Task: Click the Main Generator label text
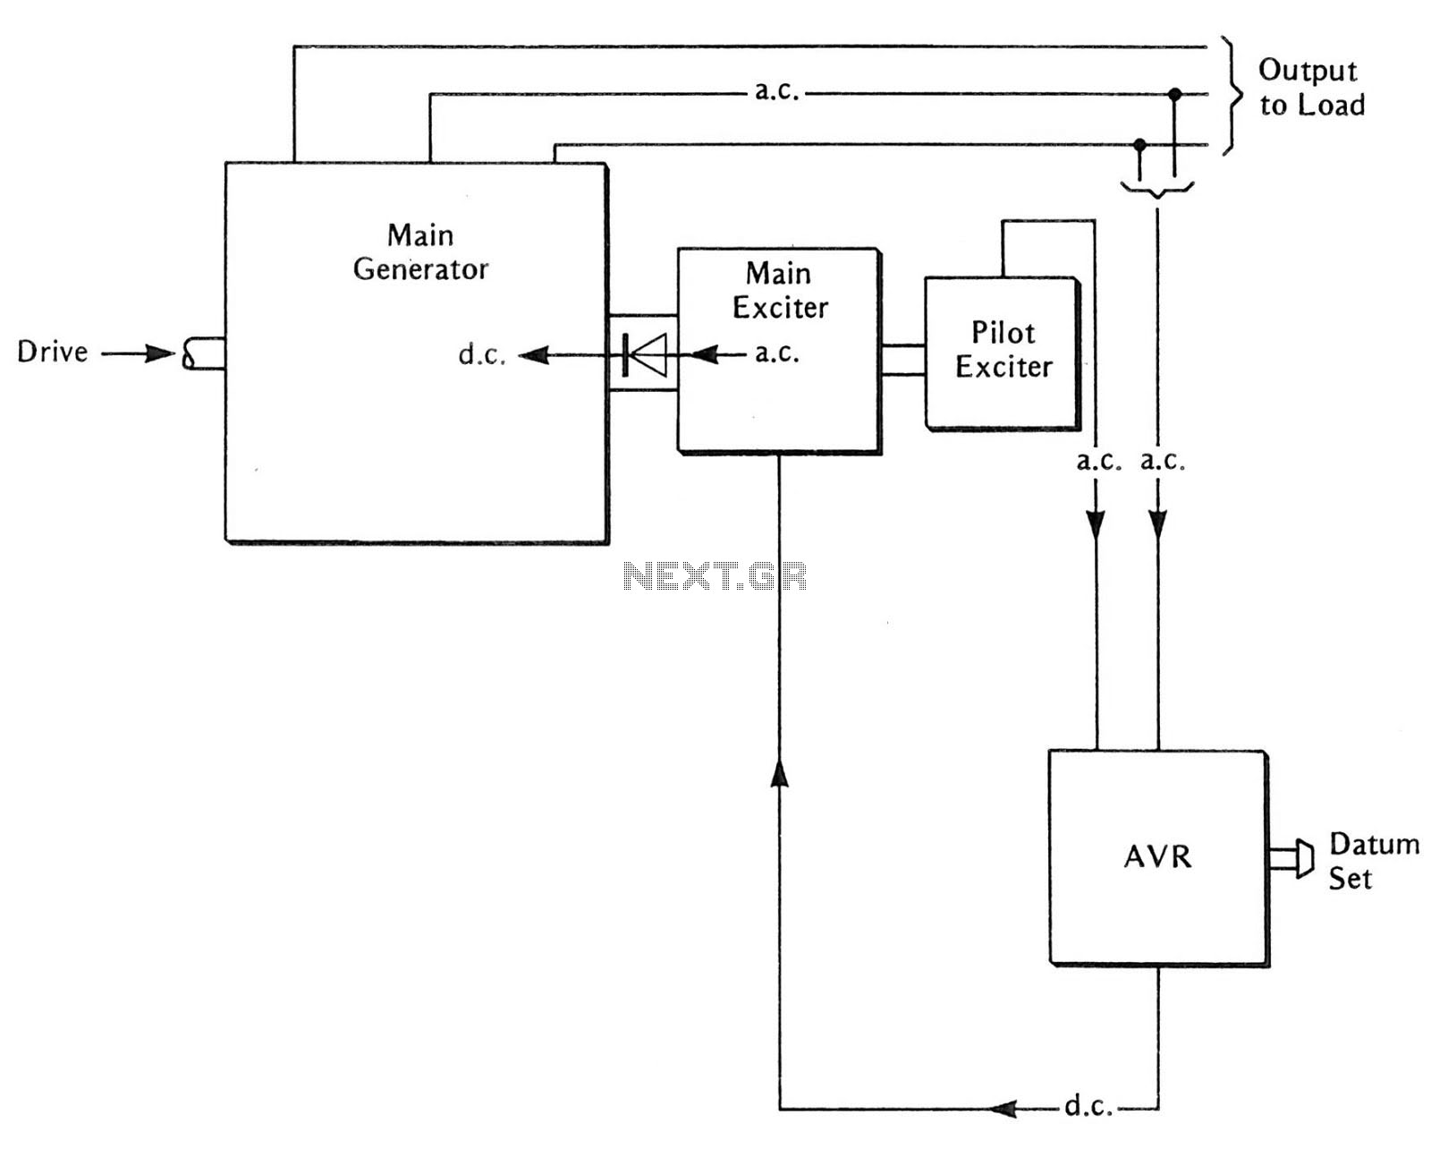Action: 420,252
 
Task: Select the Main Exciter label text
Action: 779,291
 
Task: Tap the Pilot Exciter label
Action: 1004,350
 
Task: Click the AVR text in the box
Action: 1157,857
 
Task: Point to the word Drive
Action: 53,352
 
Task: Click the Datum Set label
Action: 1374,862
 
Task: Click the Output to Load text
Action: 1311,88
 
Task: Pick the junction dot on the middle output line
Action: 1175,95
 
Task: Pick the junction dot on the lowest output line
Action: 1139,145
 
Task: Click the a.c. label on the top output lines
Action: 776,91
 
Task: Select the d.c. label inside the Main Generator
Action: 482,354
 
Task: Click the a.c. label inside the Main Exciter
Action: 776,353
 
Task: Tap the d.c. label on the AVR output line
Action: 1088,1106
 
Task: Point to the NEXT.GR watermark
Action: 715,576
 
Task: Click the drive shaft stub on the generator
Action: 204,353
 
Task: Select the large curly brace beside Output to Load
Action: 1232,96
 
